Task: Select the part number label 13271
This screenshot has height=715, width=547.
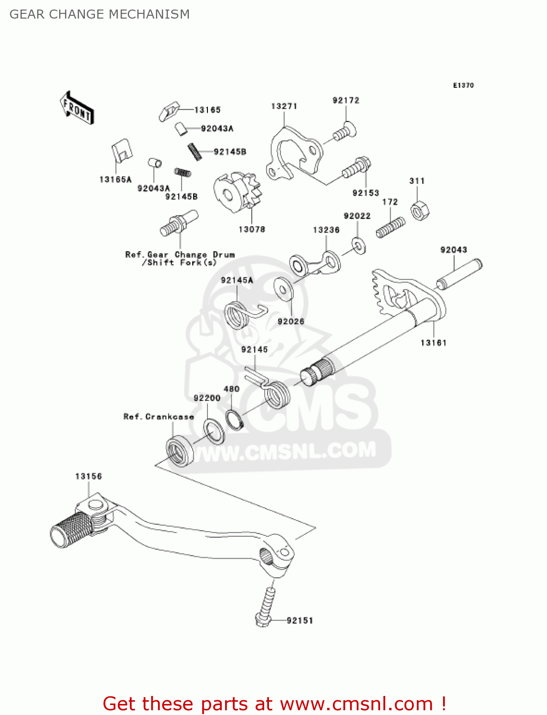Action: pos(284,106)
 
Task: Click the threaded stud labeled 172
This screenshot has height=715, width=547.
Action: pos(391,227)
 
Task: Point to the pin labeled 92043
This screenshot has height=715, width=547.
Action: pos(459,275)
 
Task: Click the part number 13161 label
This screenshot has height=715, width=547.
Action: pos(433,343)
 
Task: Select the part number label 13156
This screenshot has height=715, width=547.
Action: pos(89,476)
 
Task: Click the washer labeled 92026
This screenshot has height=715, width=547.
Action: pos(284,289)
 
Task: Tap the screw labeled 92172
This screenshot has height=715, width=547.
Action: pos(344,132)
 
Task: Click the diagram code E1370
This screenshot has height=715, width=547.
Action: pos(463,85)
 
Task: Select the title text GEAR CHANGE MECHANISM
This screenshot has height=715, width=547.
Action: pos(100,14)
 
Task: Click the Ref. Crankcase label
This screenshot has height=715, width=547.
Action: pos(158,417)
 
